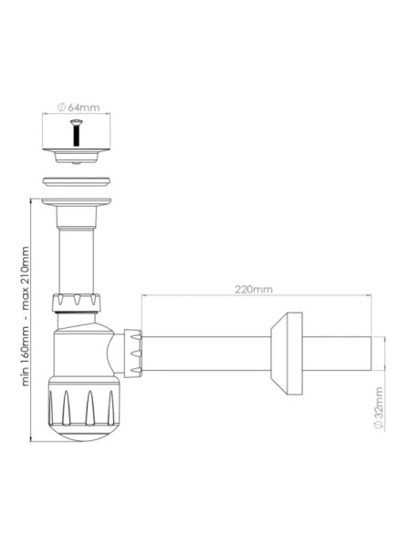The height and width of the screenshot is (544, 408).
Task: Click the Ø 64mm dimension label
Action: [78, 108]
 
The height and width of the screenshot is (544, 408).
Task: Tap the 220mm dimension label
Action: [254, 289]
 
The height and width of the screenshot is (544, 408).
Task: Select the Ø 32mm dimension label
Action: [379, 408]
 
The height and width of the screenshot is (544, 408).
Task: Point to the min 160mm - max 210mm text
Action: [25, 316]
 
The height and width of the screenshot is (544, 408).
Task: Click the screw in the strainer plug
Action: [76, 132]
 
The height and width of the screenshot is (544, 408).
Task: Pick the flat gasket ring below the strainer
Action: [77, 181]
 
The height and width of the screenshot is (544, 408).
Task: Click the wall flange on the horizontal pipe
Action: [287, 354]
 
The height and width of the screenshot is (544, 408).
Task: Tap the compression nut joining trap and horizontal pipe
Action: [133, 353]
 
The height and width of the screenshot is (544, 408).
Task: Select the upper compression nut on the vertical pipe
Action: [76, 303]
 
